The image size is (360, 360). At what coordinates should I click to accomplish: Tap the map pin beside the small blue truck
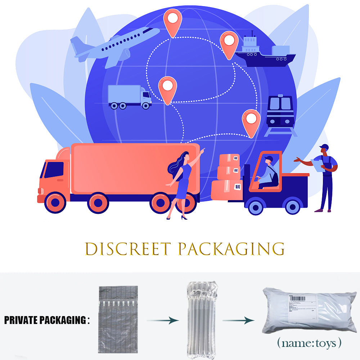168,89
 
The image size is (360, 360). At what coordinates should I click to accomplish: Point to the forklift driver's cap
269,158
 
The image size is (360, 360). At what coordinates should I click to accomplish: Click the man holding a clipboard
325,176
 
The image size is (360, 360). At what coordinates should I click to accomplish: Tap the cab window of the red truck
54,170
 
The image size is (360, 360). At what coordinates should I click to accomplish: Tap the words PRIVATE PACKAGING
45,320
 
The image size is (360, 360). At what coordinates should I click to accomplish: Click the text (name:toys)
309,343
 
